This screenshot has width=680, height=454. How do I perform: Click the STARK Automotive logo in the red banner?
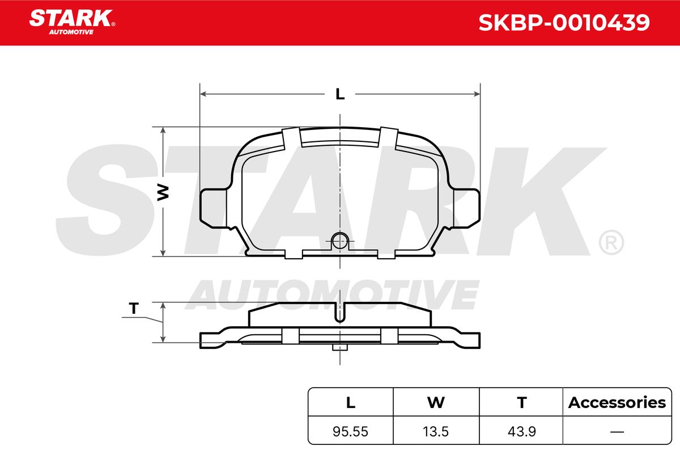[72, 22]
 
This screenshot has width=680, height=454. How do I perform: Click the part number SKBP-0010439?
[564, 23]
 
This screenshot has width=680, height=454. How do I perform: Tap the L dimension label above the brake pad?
[340, 94]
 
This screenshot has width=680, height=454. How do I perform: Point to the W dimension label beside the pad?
[163, 192]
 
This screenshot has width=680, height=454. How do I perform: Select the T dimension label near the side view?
[134, 308]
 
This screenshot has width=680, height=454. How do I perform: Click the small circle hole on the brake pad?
[339, 241]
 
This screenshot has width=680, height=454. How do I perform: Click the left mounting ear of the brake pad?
[213, 208]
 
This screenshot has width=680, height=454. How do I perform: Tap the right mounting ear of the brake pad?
[466, 208]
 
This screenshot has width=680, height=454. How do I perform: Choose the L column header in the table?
[351, 402]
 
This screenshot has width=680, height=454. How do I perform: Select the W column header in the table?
[436, 402]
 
